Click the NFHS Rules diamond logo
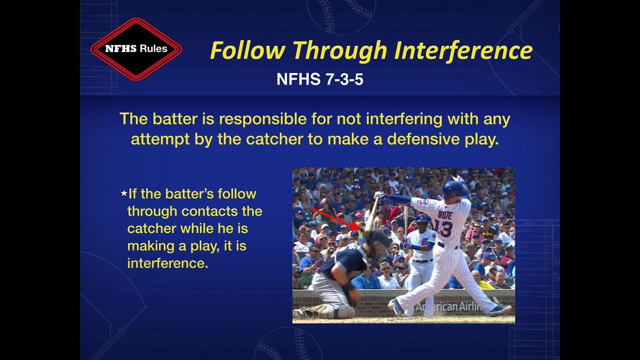(136, 49)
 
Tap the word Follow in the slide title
(248, 50)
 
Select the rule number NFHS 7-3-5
(319, 79)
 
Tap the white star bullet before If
(124, 193)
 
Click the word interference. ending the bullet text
(167, 263)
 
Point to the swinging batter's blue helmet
(454, 189)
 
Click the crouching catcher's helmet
(377, 242)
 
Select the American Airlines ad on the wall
(447, 306)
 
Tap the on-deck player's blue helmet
(423, 218)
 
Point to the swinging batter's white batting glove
(379, 195)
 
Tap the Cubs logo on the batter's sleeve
(423, 202)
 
